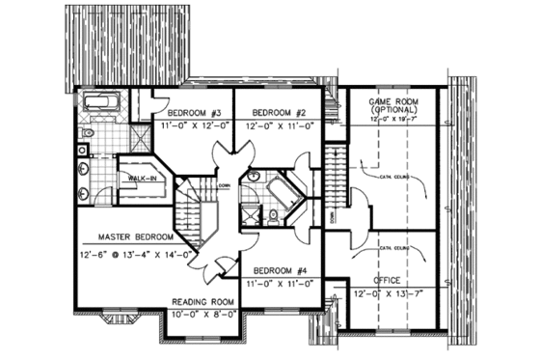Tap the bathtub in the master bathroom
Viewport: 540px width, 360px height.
(99, 102)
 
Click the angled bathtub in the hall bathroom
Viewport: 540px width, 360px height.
(283, 193)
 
